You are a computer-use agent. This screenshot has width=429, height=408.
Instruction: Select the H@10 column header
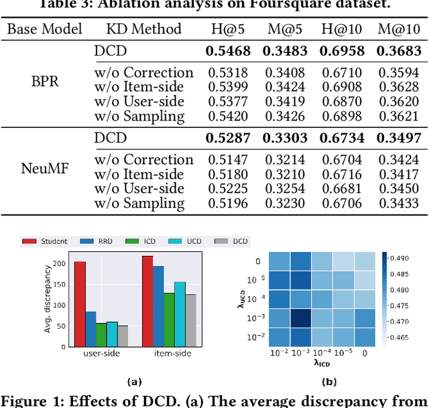pyautogui.click(x=342, y=29)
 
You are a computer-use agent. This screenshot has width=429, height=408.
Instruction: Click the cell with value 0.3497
pyautogui.click(x=400, y=139)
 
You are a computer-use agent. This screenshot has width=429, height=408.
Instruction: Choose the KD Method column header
pyautogui.click(x=143, y=29)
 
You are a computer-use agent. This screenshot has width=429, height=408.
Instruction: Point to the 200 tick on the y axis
pyautogui.click(x=60, y=264)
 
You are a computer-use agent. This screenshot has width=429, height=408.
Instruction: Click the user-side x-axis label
pyautogui.click(x=101, y=353)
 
